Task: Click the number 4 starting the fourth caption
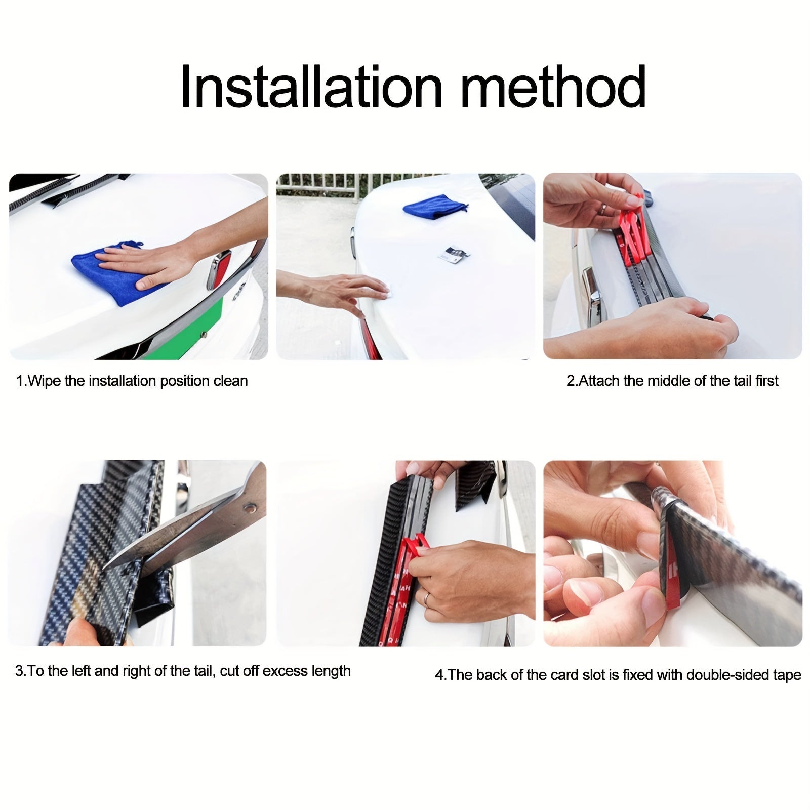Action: [439, 675]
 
